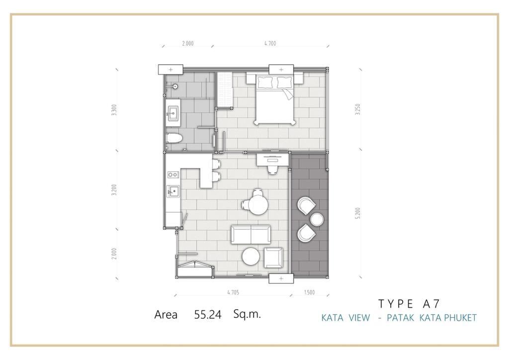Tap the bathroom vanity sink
tap(173, 113)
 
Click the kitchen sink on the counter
tap(173, 191)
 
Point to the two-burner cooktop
tap(173, 175)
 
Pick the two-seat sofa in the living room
tap(251, 234)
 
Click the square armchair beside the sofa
tap(273, 258)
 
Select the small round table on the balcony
tap(317, 219)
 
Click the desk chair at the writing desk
tap(272, 169)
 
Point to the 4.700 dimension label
tap(270, 43)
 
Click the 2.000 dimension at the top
tap(187, 43)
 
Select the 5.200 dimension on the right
tap(358, 213)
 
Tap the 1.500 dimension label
tap(309, 292)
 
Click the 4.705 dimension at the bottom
tap(233, 292)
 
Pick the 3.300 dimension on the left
tap(114, 110)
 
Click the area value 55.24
tap(208, 315)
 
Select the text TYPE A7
tap(409, 303)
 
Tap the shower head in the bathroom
tap(174, 87)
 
